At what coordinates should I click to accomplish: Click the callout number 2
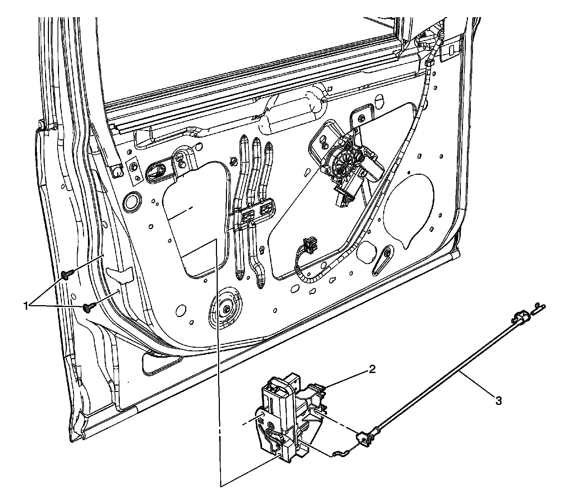372,370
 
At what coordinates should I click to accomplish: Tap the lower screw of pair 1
88,307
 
